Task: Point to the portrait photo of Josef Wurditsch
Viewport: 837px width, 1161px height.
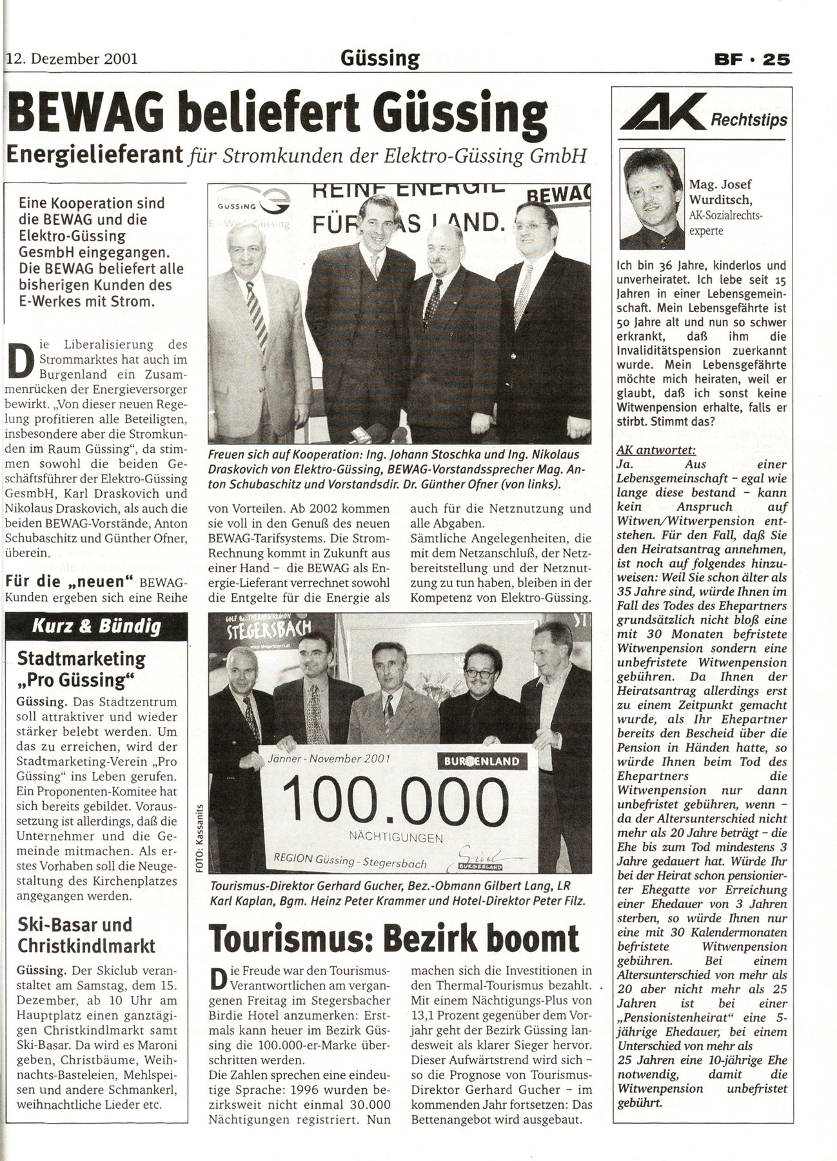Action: pyautogui.click(x=651, y=199)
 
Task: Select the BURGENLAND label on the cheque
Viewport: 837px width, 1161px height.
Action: pyautogui.click(x=481, y=762)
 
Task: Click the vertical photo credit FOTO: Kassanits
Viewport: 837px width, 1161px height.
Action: pyautogui.click(x=200, y=838)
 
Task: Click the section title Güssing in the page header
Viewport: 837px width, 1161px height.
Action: pyautogui.click(x=380, y=59)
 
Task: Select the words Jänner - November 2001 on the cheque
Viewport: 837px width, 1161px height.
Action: pyautogui.click(x=328, y=759)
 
